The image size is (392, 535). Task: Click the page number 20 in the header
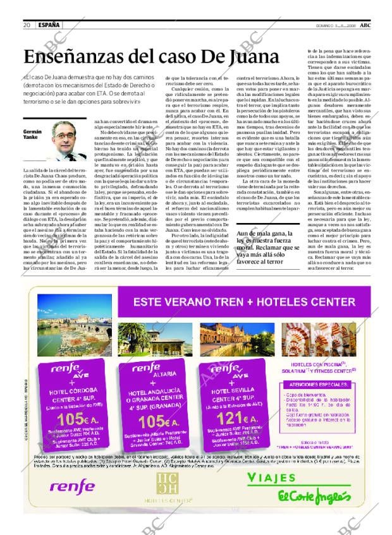(x=27, y=25)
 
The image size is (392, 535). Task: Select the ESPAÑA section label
(x=49, y=25)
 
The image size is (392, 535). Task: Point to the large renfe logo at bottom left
(x=72, y=486)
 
